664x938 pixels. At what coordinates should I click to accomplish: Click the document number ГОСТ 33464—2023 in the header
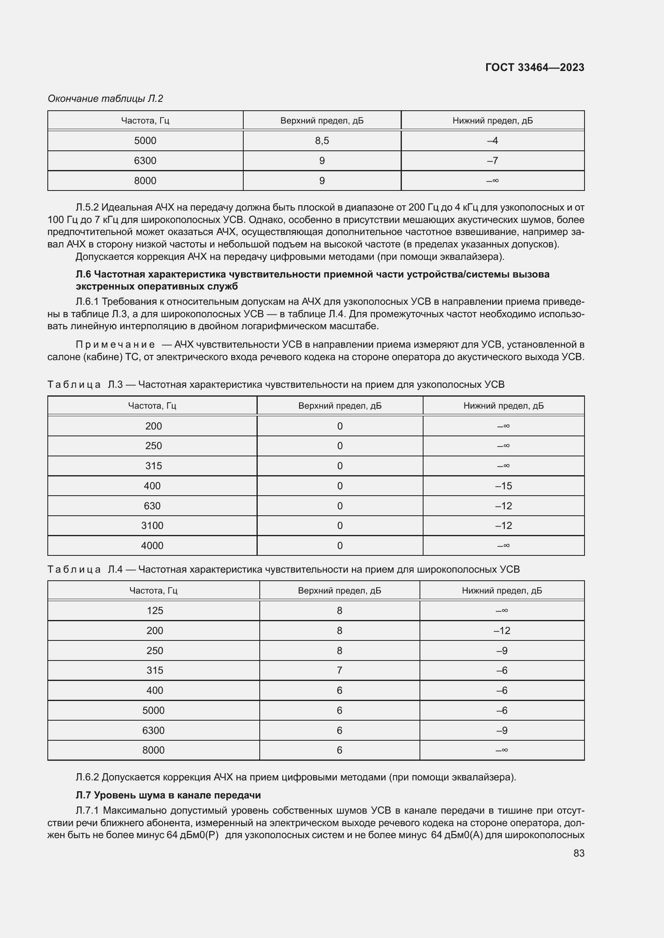click(x=534, y=67)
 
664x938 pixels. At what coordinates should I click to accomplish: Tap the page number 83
click(x=578, y=853)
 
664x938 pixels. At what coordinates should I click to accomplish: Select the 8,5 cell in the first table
click(x=322, y=140)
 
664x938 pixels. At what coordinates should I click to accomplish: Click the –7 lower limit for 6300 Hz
click(x=492, y=160)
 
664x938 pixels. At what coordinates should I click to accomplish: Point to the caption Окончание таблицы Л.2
click(x=106, y=99)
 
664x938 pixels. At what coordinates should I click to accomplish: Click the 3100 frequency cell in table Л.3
click(x=152, y=525)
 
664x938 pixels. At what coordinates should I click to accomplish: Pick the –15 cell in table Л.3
click(x=503, y=486)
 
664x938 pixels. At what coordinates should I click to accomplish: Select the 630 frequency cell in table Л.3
click(x=152, y=506)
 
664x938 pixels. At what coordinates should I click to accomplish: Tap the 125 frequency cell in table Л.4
click(x=155, y=610)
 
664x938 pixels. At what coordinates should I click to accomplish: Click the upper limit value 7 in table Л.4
click(x=339, y=670)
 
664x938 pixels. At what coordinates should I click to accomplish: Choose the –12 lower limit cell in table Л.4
click(x=502, y=630)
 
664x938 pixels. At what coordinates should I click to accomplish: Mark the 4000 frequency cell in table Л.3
click(x=152, y=545)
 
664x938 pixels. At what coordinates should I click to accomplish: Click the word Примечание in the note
click(x=115, y=345)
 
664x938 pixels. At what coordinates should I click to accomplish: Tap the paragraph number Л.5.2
click(x=87, y=208)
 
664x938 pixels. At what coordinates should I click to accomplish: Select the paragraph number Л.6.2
click(x=87, y=777)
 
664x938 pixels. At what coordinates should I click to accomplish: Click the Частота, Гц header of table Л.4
click(x=153, y=590)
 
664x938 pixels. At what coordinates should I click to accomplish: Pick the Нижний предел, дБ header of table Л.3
click(x=503, y=406)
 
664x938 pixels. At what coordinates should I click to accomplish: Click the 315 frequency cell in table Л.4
click(x=155, y=670)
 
